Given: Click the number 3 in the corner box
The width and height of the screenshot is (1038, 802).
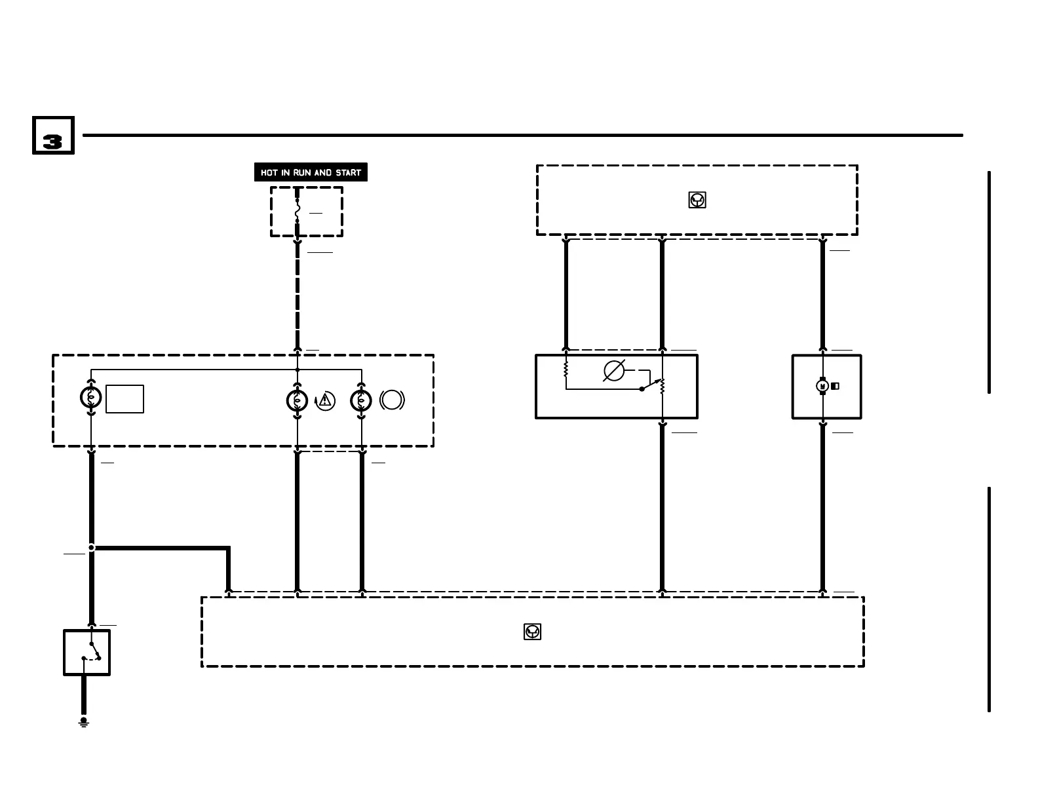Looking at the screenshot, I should click(52, 142).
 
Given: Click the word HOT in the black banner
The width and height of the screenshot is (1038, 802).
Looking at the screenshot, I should click(269, 173).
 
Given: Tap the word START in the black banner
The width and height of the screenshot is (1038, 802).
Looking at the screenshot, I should click(348, 173).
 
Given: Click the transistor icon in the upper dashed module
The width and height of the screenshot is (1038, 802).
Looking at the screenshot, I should click(697, 200).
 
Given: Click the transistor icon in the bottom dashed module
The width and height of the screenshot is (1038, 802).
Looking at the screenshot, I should click(533, 632).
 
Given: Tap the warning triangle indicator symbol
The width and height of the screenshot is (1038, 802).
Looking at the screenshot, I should click(325, 400).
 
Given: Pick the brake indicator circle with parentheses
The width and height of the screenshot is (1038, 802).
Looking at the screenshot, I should click(392, 400).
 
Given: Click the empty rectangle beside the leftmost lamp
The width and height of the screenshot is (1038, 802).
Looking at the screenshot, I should click(125, 399).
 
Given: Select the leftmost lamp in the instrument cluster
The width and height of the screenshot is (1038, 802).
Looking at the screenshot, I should click(90, 397).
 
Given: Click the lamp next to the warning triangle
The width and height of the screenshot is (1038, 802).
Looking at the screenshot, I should click(298, 400).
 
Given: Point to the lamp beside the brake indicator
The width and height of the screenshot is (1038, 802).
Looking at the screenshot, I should click(361, 400).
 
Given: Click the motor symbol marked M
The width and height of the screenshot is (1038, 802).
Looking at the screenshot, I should click(822, 387).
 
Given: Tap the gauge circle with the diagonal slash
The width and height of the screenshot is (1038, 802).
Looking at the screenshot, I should click(614, 371).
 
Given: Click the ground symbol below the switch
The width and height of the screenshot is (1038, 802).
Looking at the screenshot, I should click(83, 723).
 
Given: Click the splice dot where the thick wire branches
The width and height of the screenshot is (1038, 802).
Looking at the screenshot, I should click(91, 547).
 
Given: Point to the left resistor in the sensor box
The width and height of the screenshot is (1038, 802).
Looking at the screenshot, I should click(566, 370).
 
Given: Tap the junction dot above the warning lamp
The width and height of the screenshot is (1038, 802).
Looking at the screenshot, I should click(298, 370).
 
